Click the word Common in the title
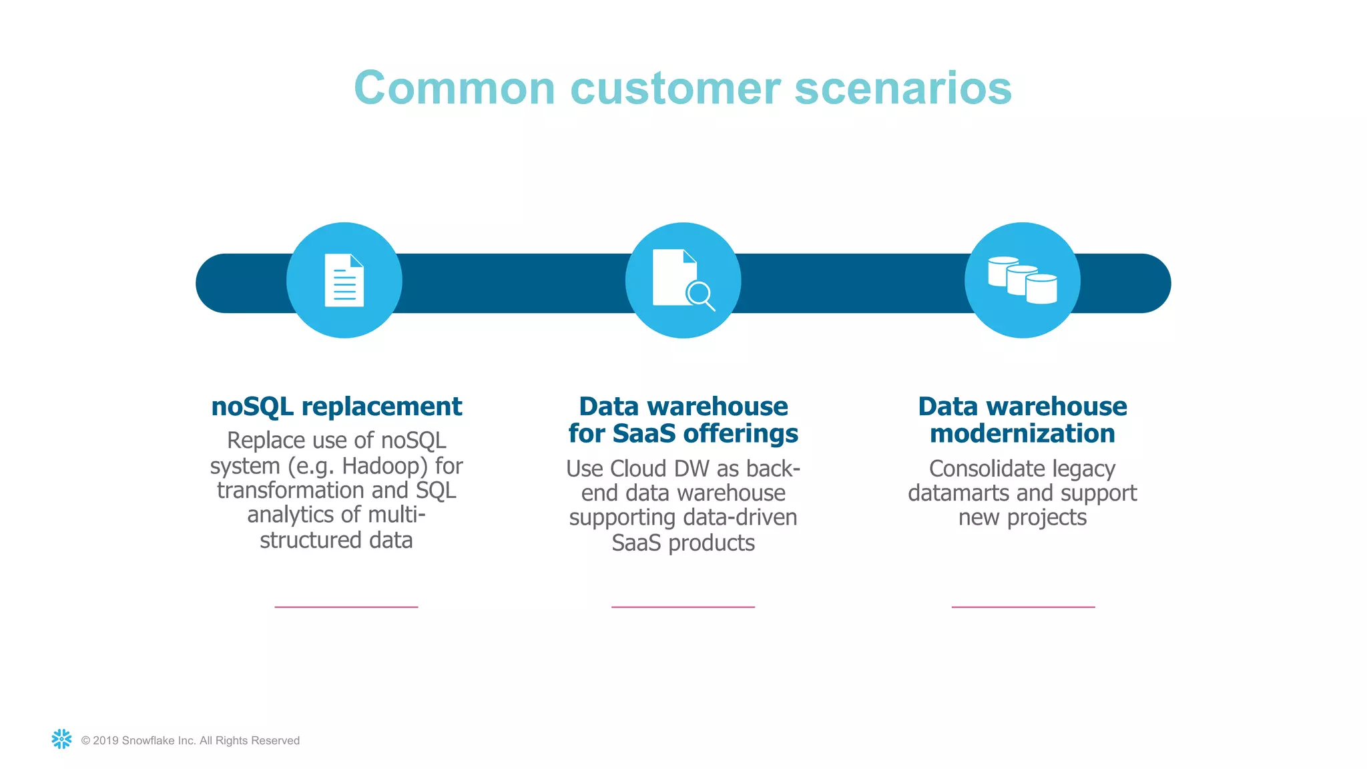[x=455, y=88]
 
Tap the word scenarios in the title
[x=903, y=88]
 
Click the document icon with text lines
[x=344, y=280]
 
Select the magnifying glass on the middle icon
[x=700, y=294]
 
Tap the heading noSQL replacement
[x=336, y=407]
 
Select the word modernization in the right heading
[x=1022, y=434]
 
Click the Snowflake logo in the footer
[x=61, y=739]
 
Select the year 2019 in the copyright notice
[x=105, y=740]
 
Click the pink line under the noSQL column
[x=346, y=607]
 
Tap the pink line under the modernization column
[x=1023, y=607]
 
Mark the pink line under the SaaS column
[x=683, y=607]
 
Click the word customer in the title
[x=675, y=88]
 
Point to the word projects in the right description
[x=1046, y=518]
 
